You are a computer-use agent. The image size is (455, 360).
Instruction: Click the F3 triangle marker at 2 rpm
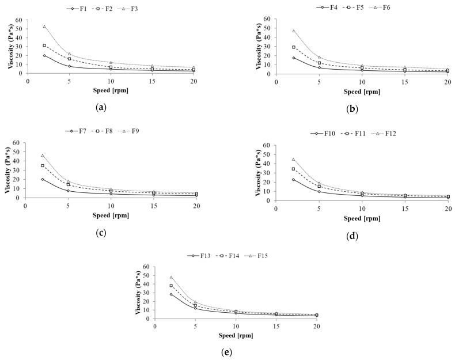(x=44, y=26)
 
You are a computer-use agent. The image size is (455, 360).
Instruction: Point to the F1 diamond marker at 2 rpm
(x=44, y=55)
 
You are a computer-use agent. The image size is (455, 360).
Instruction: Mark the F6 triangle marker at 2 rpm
(x=294, y=31)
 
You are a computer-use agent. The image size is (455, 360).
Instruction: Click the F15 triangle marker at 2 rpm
(x=171, y=277)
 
